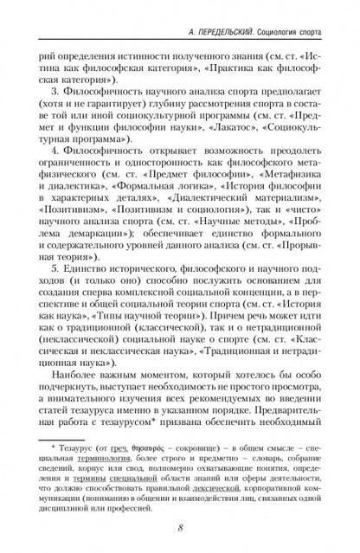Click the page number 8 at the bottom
click(180, 530)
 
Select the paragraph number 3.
click(54, 89)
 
